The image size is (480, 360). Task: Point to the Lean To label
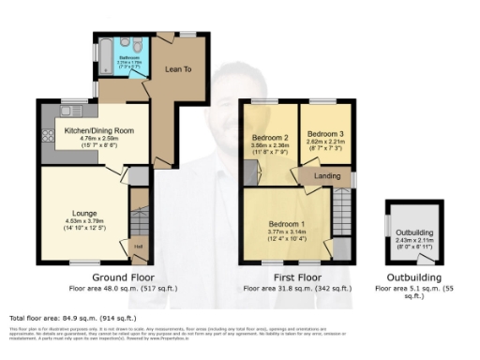[x=178, y=68]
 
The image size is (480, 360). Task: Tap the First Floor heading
[x=294, y=278]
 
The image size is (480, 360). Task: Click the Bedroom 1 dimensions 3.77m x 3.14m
[x=286, y=233]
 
